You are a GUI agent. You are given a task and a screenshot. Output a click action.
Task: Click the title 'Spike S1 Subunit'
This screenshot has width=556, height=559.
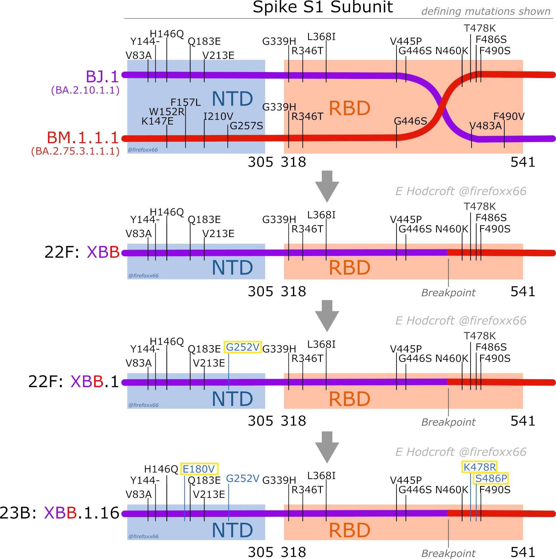[322, 7]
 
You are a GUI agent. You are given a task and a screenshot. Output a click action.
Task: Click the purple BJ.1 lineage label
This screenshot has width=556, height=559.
[102, 77]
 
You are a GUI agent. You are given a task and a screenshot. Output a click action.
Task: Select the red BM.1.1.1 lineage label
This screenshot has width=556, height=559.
[83, 138]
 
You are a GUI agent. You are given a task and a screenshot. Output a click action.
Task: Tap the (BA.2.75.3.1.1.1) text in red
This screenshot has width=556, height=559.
[75, 151]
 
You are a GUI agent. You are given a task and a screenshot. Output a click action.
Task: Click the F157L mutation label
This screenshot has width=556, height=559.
[185, 103]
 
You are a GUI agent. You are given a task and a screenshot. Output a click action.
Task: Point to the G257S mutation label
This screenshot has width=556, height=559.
[246, 126]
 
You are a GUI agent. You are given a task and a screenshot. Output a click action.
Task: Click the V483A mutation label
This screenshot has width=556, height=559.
[485, 126]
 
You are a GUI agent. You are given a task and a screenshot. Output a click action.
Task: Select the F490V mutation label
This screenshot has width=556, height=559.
[509, 116]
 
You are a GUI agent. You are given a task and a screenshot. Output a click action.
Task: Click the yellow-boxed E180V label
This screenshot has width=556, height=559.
[199, 469]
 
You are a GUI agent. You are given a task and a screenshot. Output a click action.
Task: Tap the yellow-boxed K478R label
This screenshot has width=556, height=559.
[479, 467]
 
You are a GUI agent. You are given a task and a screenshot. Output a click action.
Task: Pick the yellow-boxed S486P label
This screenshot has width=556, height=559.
[491, 479]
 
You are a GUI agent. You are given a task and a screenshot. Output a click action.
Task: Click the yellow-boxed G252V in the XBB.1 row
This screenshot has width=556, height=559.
[242, 347]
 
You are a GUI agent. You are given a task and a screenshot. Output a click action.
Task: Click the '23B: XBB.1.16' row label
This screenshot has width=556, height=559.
[60, 513]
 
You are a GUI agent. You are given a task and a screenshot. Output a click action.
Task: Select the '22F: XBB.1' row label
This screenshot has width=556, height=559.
[74, 382]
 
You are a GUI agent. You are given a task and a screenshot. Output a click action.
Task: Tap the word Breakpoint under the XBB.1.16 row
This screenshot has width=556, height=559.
[448, 553]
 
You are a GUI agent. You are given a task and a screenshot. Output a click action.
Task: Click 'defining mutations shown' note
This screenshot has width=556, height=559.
[486, 11]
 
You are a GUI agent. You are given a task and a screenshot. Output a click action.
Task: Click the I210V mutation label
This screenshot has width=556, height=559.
[218, 116]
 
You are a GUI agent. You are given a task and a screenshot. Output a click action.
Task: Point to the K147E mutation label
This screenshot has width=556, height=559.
[157, 121]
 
